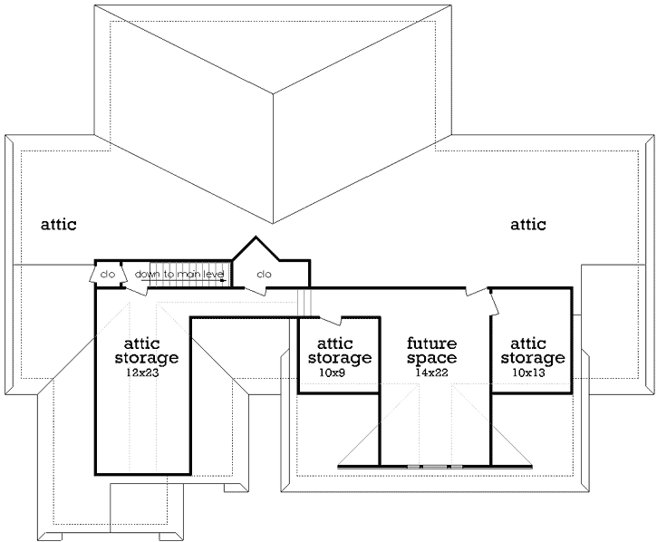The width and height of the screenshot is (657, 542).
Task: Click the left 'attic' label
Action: (x=58, y=224)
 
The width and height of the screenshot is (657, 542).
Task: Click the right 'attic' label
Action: (x=528, y=224)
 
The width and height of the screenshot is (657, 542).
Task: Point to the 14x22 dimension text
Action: (x=431, y=373)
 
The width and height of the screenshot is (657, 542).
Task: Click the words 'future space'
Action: (x=431, y=351)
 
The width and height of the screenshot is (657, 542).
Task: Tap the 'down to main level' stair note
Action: (x=180, y=273)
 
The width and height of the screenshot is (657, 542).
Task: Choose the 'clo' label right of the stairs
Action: (x=265, y=274)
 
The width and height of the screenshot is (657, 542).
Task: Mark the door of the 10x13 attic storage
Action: (x=493, y=303)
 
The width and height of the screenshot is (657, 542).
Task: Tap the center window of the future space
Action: (x=435, y=466)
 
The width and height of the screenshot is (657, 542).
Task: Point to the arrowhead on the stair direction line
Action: (x=222, y=280)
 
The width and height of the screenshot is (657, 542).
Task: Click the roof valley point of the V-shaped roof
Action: (x=274, y=222)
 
